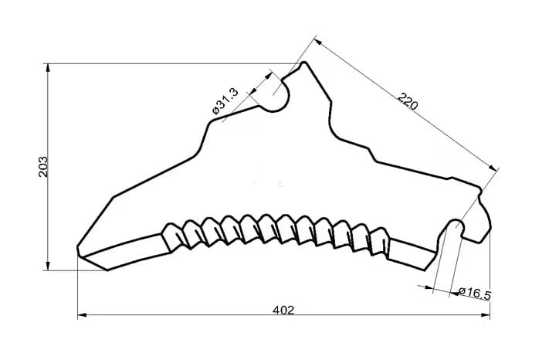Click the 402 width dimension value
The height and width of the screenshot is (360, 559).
pyautogui.click(x=283, y=310)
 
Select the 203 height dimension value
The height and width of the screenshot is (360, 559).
pyautogui.click(x=43, y=167)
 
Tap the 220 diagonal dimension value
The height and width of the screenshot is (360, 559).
pyautogui.click(x=407, y=101)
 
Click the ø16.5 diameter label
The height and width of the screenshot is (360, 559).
pyautogui.click(x=475, y=293)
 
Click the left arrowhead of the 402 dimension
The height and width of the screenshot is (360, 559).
pyautogui.click(x=83, y=315)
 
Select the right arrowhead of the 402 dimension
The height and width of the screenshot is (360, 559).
pyautogui.click(x=485, y=315)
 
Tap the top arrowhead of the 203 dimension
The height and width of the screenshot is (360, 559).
pyautogui.click(x=48, y=69)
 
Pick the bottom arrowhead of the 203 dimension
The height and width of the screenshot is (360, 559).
pyautogui.click(x=48, y=266)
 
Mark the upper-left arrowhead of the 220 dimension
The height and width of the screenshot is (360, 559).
pyautogui.click(x=318, y=42)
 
